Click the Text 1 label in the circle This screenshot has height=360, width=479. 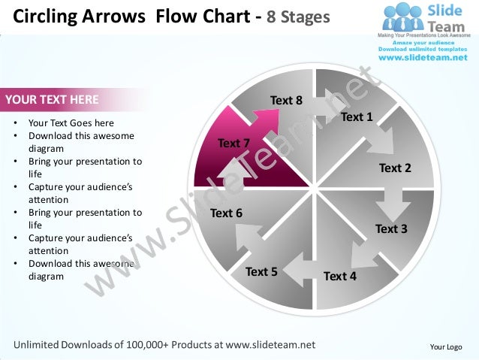coord(357,116)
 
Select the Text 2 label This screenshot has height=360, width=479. coord(395,168)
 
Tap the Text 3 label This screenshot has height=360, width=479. coord(391,228)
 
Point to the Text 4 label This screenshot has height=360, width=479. coord(340,276)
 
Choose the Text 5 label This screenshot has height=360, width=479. coord(261,271)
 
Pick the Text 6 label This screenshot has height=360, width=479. coord(226,213)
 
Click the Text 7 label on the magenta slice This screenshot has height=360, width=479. coord(233,143)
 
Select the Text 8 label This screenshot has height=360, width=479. coord(286,100)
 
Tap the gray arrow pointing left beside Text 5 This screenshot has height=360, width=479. coord(300,267)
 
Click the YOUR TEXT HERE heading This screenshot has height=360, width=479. coord(51,98)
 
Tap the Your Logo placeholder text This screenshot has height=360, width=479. coord(445,346)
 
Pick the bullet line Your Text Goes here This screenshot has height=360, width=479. coord(71,123)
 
